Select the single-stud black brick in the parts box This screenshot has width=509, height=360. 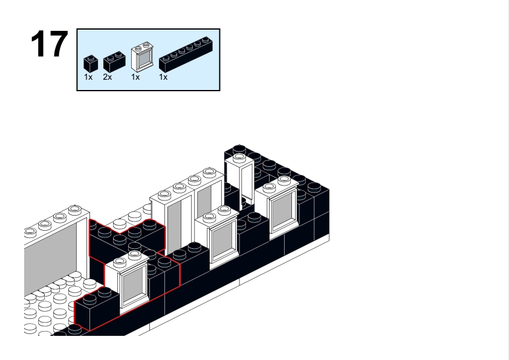[91, 63]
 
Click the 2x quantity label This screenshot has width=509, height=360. [108, 78]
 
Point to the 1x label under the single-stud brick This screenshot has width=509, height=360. [88, 78]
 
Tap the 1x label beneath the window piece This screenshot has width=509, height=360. [135, 78]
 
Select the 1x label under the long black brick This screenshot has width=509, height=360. [163, 78]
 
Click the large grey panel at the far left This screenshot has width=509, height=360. [51, 254]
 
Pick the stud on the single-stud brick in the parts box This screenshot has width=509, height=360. [90, 57]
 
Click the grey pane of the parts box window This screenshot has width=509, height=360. [141, 60]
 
